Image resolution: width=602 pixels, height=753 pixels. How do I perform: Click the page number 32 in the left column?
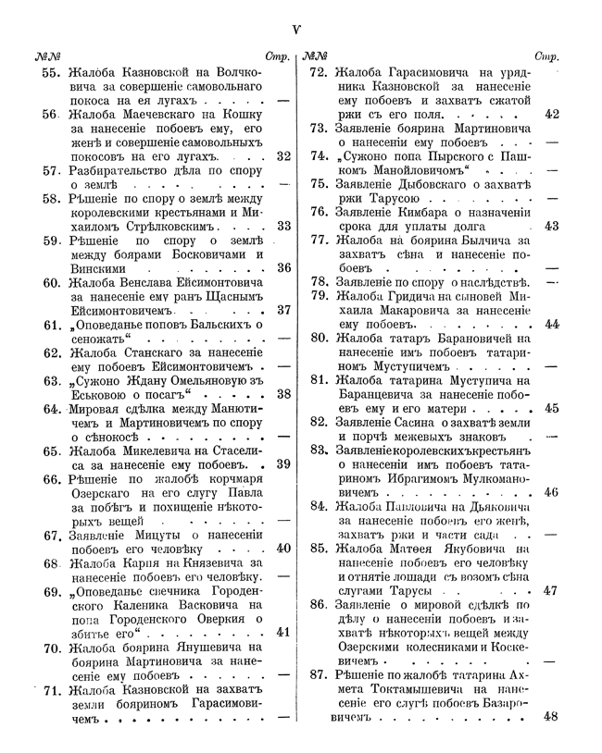pos(283,155)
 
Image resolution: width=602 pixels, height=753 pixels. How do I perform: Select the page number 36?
pos(283,267)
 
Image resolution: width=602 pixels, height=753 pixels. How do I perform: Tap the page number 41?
pos(283,632)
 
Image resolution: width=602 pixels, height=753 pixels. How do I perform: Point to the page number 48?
pos(552,716)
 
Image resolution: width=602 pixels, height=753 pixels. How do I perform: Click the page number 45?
pos(552,408)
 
